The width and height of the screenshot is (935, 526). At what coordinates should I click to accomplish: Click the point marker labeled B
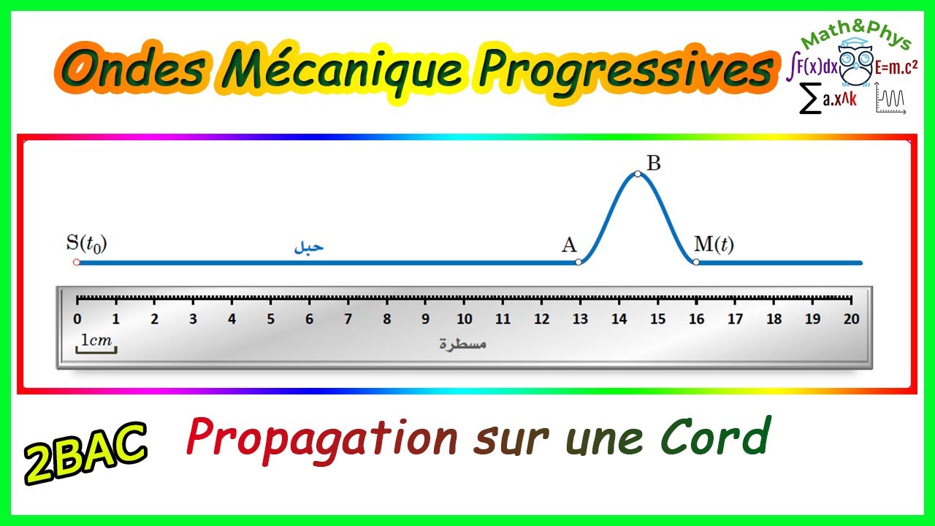tap(638, 174)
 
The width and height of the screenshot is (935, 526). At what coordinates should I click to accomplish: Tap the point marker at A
tap(579, 262)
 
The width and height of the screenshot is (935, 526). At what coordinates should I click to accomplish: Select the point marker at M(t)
tap(696, 262)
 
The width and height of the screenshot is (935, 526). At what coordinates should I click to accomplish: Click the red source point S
tap(76, 262)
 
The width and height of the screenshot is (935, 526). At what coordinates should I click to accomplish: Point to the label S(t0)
tap(86, 244)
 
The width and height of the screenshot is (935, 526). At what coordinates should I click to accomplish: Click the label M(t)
tap(714, 245)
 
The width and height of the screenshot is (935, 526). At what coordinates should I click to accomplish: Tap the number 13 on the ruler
tap(580, 319)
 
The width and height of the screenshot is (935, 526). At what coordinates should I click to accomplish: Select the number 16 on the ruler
tap(696, 319)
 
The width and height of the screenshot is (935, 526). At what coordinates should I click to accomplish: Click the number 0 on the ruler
tap(77, 319)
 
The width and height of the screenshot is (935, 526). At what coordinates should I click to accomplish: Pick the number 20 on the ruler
tap(851, 319)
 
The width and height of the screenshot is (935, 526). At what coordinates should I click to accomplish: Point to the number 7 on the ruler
tap(348, 319)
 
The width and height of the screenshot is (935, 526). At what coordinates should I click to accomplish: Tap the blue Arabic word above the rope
tap(308, 247)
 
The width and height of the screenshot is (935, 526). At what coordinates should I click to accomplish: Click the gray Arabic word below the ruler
tap(463, 343)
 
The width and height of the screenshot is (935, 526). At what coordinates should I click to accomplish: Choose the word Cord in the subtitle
tap(715, 438)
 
